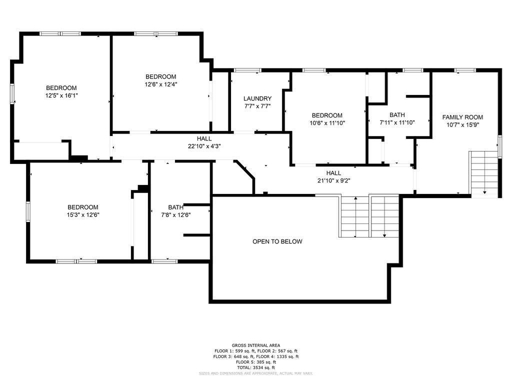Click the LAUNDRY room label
[257, 98]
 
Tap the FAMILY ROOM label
[462, 117]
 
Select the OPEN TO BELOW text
[277, 241]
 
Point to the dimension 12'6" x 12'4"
[161, 84]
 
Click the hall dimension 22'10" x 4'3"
[204, 146]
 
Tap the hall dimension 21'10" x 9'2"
[333, 180]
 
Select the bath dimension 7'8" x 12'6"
[175, 214]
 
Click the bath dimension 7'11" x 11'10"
[397, 122]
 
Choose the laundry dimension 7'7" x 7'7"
[257, 106]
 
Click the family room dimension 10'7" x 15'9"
[462, 125]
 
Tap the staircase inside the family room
[484, 173]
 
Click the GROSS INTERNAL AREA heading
[255, 345]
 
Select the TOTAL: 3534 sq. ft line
[255, 367]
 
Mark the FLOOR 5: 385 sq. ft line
[255, 362]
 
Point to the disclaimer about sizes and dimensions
[255, 373]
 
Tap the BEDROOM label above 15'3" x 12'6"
[83, 207]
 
